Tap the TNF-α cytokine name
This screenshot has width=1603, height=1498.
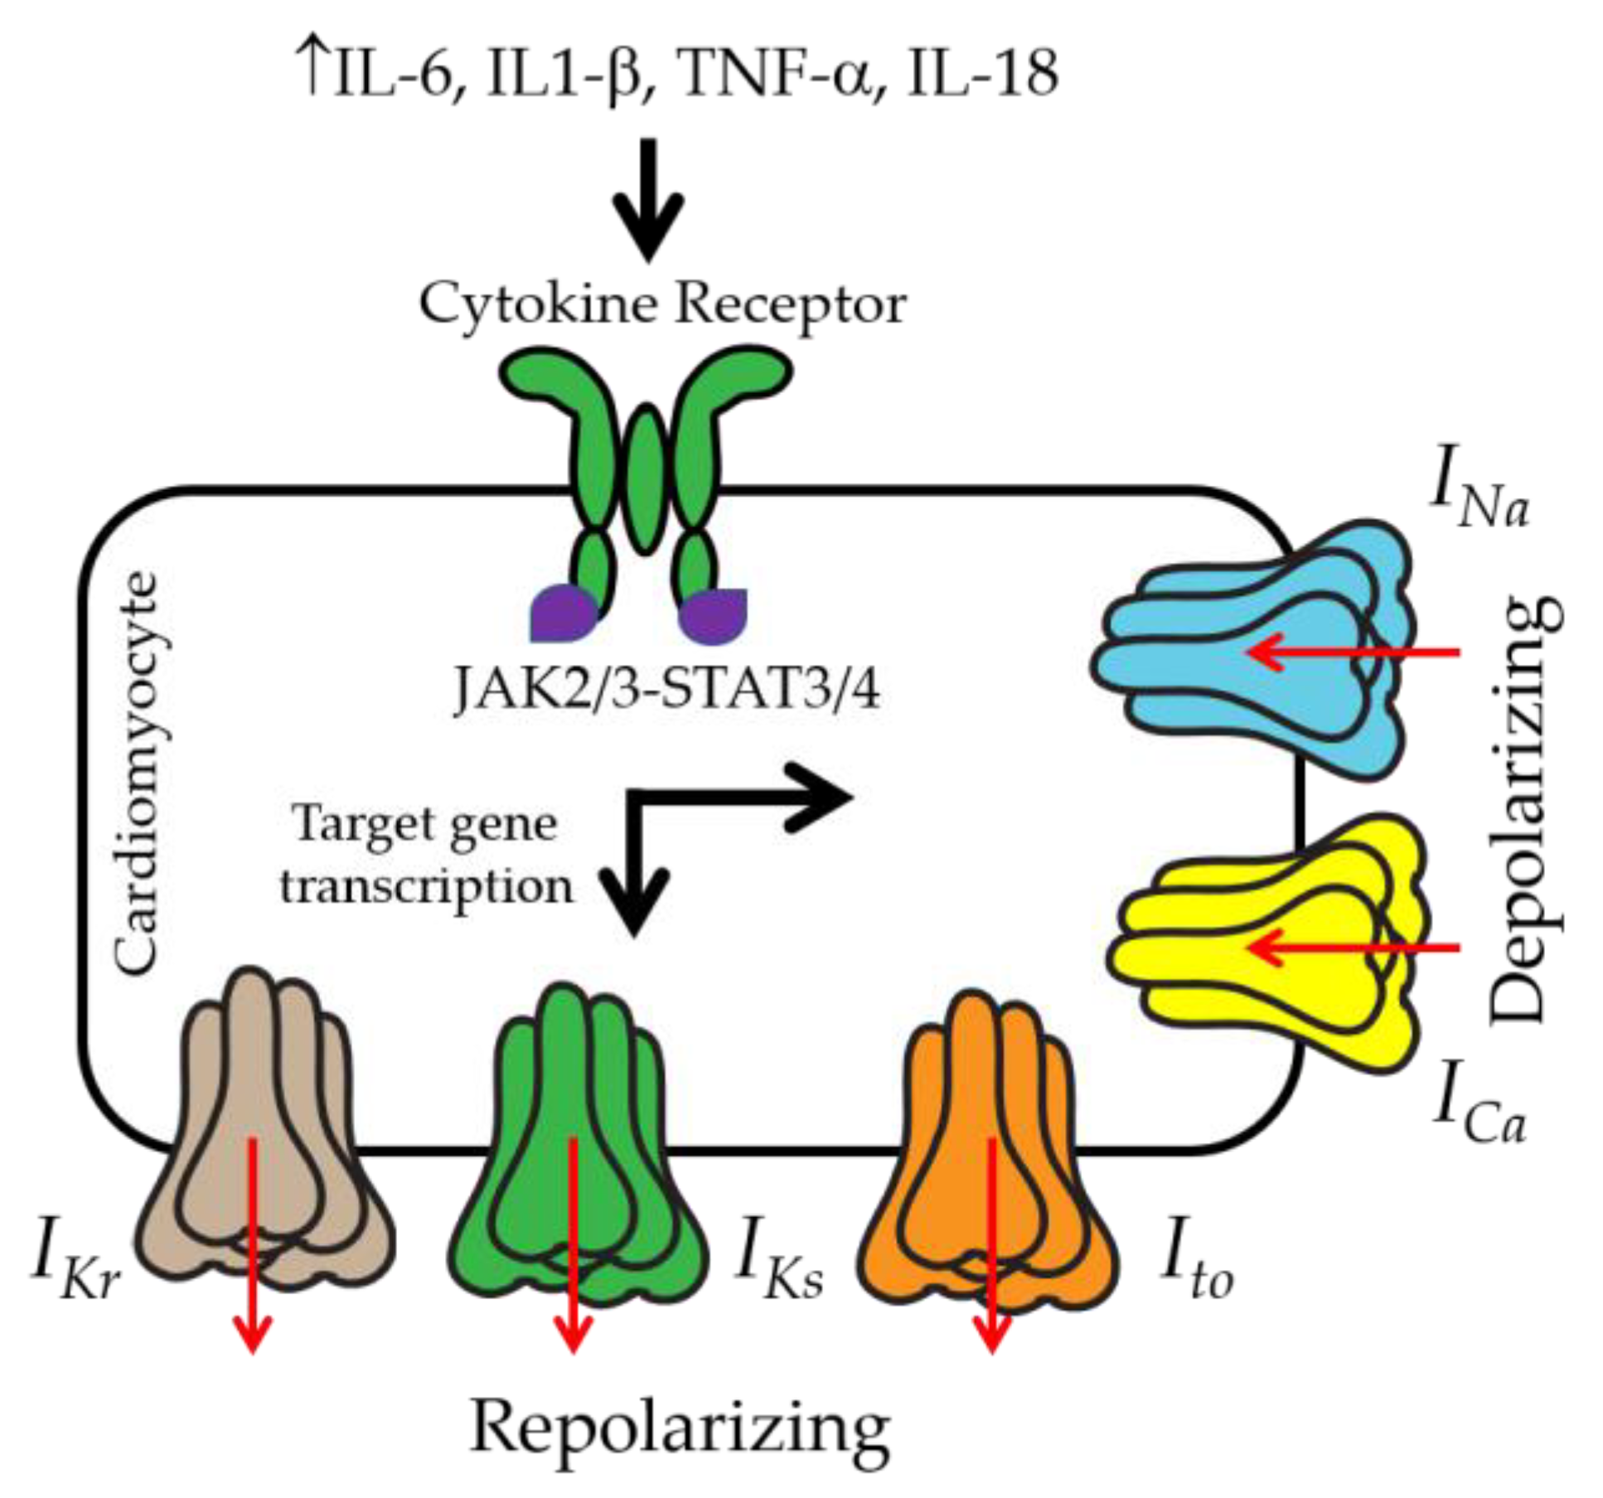[x=775, y=73]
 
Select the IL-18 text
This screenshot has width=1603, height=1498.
[x=982, y=73]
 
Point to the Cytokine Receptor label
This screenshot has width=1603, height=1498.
[x=661, y=305]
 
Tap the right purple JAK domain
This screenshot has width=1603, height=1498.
[x=714, y=614]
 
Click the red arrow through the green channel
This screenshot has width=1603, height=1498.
[x=572, y=1243]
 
